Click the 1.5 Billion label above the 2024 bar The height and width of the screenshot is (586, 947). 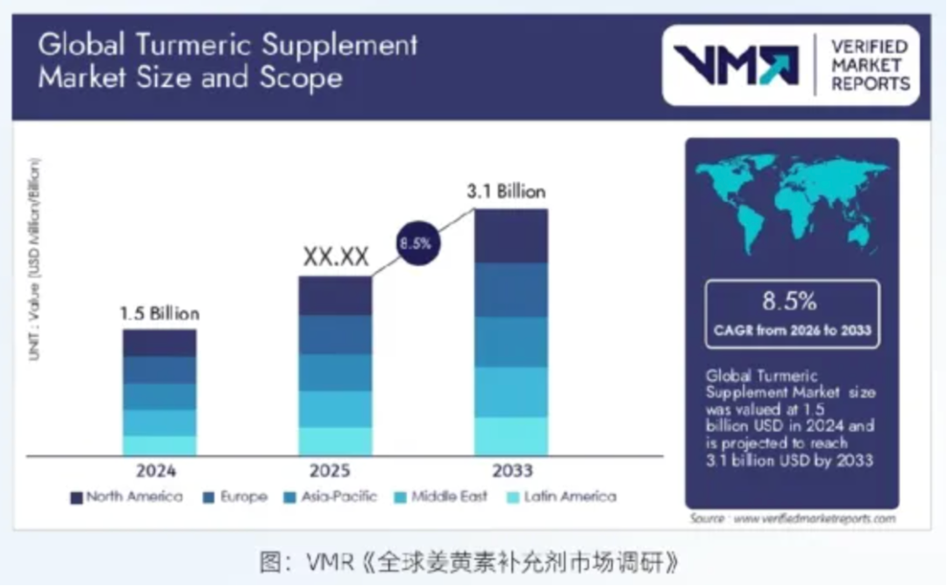coord(160,313)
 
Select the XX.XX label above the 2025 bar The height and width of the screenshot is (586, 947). coord(336,257)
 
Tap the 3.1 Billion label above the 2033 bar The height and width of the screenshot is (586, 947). coord(506,191)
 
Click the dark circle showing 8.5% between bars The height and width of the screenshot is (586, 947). coord(416,243)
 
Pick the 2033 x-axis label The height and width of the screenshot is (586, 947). coord(511,470)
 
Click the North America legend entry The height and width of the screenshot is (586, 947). coord(126,497)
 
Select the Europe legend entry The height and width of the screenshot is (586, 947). coord(234,497)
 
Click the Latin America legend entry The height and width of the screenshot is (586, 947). coord(561,497)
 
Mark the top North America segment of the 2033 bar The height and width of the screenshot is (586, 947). coord(511,235)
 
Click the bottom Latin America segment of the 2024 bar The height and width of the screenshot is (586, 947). coord(160,446)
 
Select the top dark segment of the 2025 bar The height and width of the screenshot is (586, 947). coord(336,296)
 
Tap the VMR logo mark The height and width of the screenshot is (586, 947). coord(736,66)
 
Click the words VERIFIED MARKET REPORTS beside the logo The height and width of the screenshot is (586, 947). coord(869,65)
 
